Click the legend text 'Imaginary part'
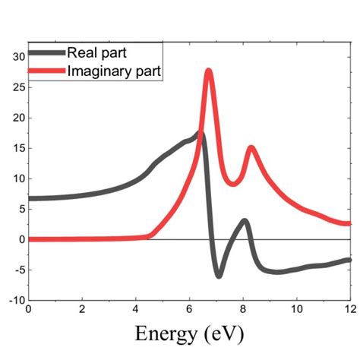(114, 71)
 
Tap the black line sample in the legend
(47, 53)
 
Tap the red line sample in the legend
(47, 72)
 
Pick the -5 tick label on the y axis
(18, 270)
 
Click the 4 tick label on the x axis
(135, 310)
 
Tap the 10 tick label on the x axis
(296, 310)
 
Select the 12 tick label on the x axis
(349, 310)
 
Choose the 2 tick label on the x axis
(82, 310)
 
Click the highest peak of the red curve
(208, 71)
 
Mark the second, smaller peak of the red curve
(251, 148)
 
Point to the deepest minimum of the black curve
(219, 275)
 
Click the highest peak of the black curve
(201, 134)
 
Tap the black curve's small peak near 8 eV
(244, 221)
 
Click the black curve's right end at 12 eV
(349, 260)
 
